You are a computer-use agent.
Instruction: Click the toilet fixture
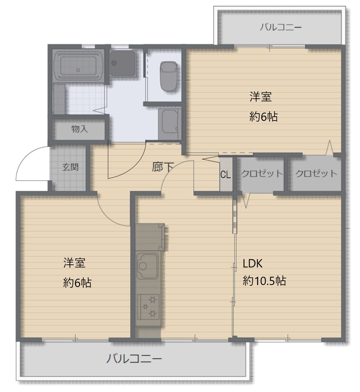click(169, 76)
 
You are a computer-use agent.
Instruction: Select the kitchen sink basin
click(147, 266)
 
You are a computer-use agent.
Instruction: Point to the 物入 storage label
click(79, 129)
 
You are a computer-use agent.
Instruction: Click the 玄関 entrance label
click(70, 167)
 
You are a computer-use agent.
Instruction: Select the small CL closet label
click(225, 175)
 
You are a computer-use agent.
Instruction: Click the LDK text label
click(252, 263)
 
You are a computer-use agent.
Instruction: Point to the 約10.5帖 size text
click(264, 281)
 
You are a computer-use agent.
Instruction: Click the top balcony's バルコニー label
click(281, 27)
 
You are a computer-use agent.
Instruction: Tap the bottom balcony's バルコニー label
click(134, 359)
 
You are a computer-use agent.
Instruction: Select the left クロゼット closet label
click(262, 173)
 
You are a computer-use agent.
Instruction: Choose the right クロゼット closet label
click(316, 173)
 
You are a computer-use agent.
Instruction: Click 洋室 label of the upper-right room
click(260, 97)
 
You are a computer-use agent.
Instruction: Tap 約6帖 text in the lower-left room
click(77, 283)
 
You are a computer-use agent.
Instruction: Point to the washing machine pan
click(123, 63)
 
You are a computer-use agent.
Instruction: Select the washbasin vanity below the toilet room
click(169, 124)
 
